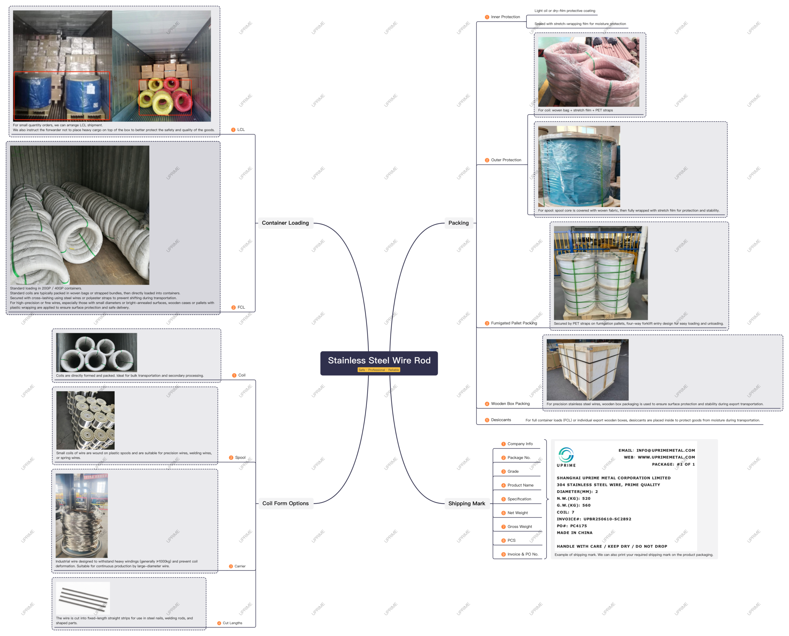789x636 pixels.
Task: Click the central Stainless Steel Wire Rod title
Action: [x=379, y=360]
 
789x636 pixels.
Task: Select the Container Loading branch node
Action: [x=285, y=223]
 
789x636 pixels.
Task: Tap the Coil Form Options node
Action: [x=285, y=503]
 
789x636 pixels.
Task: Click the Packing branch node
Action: [x=458, y=223]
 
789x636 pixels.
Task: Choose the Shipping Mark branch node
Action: [x=466, y=503]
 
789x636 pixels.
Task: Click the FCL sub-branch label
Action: [x=241, y=307]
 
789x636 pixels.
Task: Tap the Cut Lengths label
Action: [x=232, y=623]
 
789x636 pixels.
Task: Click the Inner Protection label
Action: [x=505, y=17]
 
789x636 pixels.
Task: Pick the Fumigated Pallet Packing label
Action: [x=513, y=323]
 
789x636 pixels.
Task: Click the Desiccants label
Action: [x=501, y=420]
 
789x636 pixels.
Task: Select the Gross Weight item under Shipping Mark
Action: [x=519, y=527]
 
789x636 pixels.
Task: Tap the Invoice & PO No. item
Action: [x=523, y=554]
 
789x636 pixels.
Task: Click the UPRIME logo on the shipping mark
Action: [x=566, y=457]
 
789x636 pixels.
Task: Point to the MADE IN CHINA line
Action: [x=574, y=533]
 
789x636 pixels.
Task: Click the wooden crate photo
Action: [x=587, y=369]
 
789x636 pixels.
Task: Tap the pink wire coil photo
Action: [x=588, y=72]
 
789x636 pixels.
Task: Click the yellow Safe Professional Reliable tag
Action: [x=379, y=370]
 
